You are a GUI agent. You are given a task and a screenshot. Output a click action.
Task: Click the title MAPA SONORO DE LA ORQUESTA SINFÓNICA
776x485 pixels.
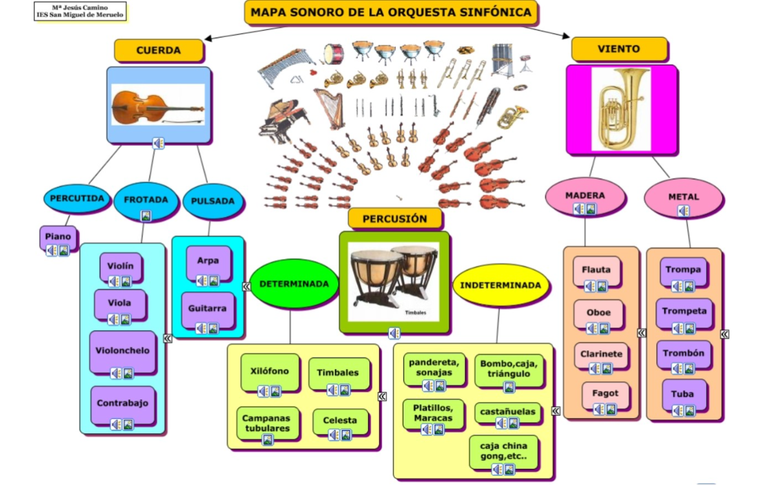coord(391,12)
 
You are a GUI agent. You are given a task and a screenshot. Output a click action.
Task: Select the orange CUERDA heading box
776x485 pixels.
coord(159,50)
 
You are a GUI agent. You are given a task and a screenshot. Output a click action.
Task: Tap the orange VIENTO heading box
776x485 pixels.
coord(619,49)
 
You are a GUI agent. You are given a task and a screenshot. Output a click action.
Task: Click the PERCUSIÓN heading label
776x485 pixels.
coord(394,219)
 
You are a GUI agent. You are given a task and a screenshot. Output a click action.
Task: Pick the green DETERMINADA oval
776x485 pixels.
coord(294,284)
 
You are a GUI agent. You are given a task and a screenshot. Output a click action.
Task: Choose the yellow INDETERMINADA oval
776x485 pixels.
coord(500,285)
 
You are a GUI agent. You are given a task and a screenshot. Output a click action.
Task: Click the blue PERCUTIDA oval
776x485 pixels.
coord(77,198)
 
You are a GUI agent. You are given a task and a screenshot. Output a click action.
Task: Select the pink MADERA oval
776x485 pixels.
coord(585,196)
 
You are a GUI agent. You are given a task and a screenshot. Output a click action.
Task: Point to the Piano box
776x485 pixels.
coord(58,237)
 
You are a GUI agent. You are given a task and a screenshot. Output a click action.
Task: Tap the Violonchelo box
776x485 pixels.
coord(122,351)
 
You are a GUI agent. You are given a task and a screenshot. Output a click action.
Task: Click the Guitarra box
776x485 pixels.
coord(207,309)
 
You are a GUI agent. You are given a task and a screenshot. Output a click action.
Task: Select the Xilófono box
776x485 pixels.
coord(269,372)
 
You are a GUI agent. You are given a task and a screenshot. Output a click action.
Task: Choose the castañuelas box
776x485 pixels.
coord(507,412)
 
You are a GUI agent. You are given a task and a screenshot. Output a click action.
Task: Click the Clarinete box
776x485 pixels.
coord(601,354)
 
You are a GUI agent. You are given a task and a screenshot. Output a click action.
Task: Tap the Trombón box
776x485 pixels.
coord(683,354)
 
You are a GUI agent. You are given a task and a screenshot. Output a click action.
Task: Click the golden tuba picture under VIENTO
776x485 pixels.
coord(621,109)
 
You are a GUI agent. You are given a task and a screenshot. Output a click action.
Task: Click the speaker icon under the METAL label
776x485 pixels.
coord(683,210)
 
